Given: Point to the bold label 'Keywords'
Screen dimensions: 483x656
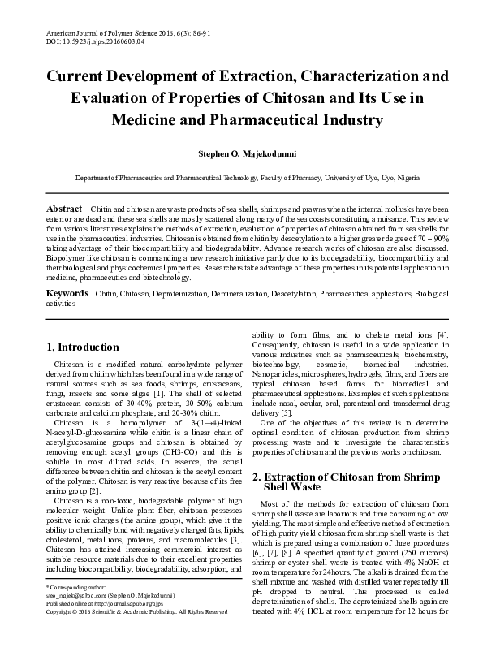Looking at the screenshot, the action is click(x=67, y=291).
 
